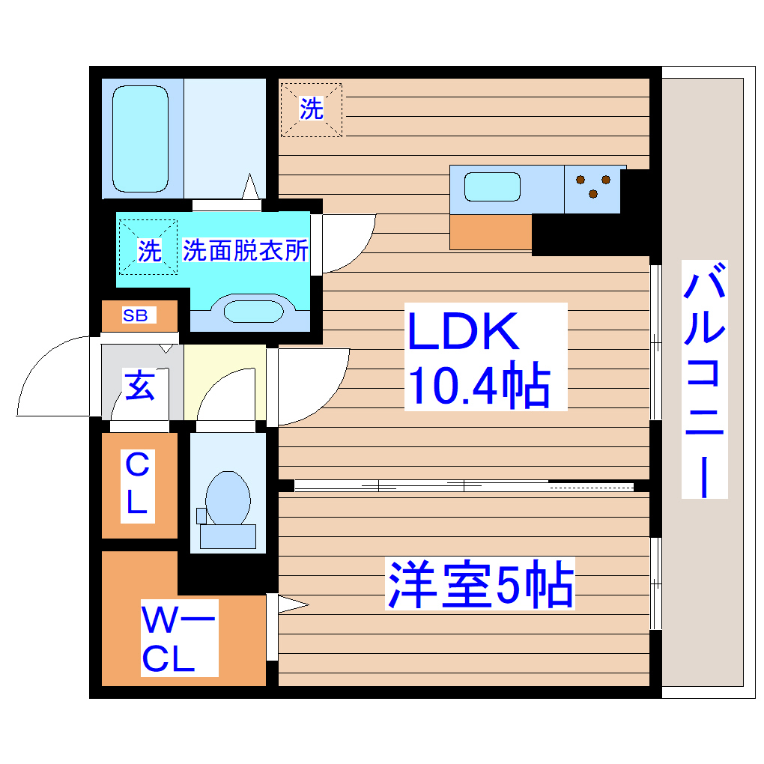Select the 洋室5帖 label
(480, 585)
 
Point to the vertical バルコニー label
(704, 379)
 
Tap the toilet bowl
(228, 498)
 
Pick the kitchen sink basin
(492, 187)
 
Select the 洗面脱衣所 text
(246, 251)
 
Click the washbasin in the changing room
(249, 311)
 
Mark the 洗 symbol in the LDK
(312, 109)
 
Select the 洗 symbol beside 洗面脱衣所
(148, 250)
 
